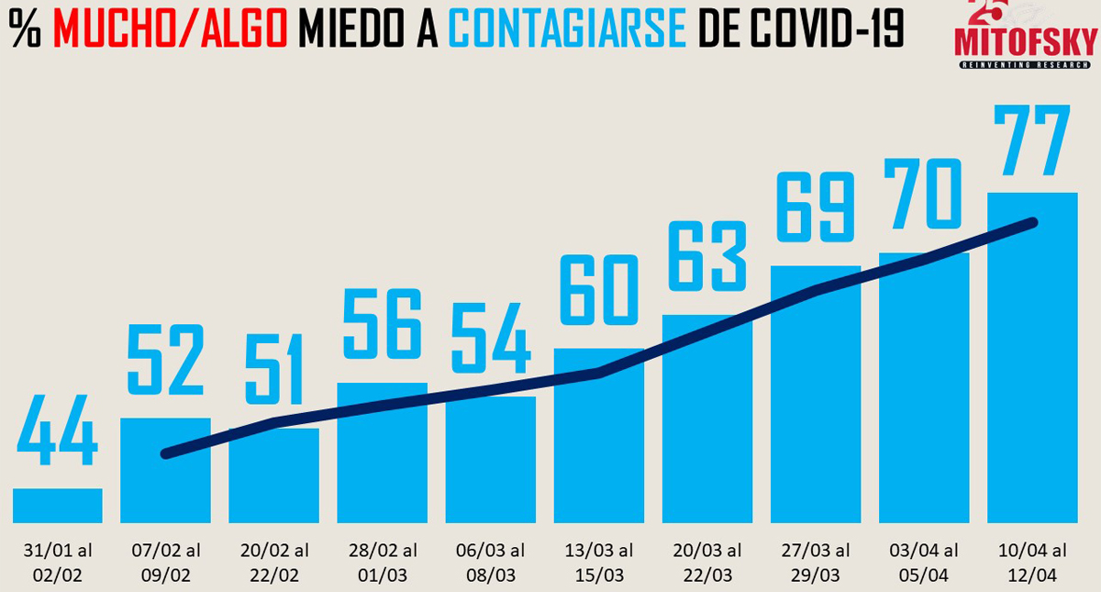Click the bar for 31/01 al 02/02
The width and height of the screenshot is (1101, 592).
[x=57, y=505]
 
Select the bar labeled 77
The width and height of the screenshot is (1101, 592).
[x=1031, y=358]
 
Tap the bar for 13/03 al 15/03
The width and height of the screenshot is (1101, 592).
[x=598, y=436]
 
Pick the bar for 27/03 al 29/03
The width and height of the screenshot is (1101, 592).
[x=815, y=395]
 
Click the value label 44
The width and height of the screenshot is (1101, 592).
[x=57, y=431]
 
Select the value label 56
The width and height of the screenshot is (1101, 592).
[x=382, y=324]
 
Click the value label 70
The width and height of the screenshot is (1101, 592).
[x=923, y=194]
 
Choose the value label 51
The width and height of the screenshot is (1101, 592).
[x=273, y=371]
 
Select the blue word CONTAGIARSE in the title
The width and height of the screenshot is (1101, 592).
[x=568, y=29]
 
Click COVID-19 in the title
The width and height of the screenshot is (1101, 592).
[x=826, y=29]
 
